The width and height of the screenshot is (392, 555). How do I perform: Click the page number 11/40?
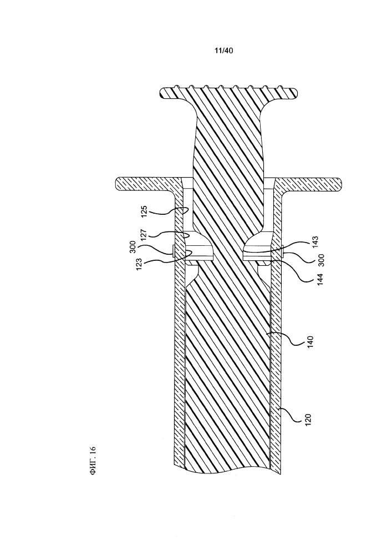224,51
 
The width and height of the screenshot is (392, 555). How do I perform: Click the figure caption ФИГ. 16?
93,460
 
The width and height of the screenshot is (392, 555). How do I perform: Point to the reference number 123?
140,264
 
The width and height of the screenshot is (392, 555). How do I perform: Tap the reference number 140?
310,342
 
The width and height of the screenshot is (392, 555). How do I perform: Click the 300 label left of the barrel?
133,247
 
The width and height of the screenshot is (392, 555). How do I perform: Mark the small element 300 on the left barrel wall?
173,251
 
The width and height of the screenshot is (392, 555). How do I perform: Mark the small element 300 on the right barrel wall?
283,251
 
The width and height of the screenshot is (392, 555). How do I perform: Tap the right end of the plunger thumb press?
296,93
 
